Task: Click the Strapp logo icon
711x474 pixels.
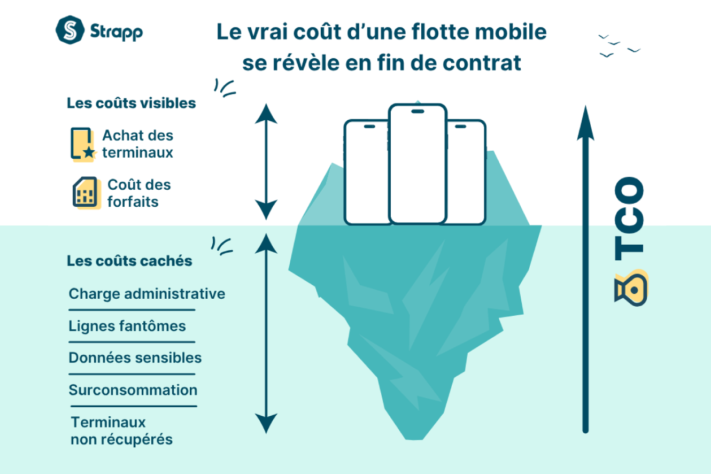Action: pos(71,31)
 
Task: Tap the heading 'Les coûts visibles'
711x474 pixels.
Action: pos(131,103)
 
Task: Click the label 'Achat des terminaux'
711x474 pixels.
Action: pos(138,144)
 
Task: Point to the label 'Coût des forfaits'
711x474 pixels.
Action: pos(139,193)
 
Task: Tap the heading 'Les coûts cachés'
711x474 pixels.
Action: pos(129,261)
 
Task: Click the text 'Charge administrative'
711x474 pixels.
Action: pos(147,294)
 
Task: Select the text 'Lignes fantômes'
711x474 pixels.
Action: pos(127,326)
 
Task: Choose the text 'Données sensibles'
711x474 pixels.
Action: pos(135,358)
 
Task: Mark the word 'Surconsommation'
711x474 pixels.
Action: pos(133,390)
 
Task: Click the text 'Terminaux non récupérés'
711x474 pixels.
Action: pos(122,431)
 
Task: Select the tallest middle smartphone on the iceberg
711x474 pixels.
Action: pos(418,164)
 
